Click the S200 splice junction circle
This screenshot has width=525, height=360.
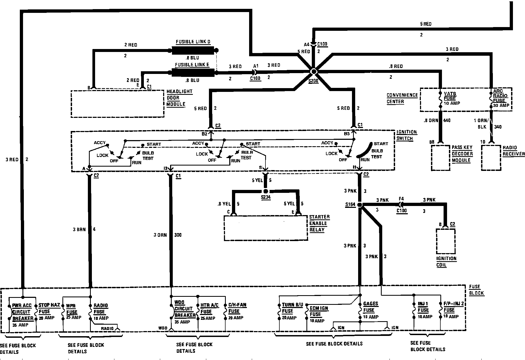(x=313, y=72)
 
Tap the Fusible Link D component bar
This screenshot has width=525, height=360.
(x=193, y=50)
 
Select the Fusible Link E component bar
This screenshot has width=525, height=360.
(x=193, y=73)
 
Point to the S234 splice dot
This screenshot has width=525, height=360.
(x=266, y=191)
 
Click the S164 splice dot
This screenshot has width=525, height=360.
(x=360, y=205)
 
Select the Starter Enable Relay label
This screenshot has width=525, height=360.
(x=319, y=223)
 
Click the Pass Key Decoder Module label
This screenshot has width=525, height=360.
(x=462, y=154)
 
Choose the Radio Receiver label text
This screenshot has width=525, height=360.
(x=513, y=151)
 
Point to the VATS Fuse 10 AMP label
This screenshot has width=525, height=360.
(x=452, y=98)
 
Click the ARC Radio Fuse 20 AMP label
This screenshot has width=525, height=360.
(x=501, y=98)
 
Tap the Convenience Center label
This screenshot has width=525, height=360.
(x=402, y=98)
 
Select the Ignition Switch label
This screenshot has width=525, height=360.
(x=406, y=135)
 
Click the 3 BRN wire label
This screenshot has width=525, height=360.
(x=79, y=229)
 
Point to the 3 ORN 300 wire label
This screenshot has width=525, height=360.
(x=167, y=235)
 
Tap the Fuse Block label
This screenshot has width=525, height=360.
(x=476, y=290)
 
